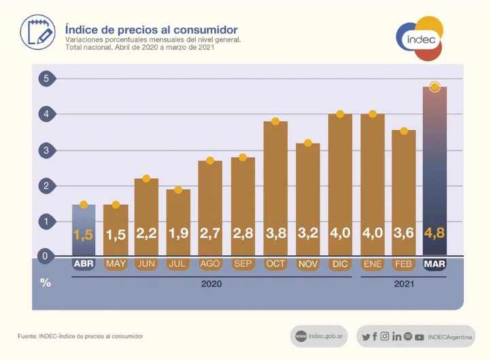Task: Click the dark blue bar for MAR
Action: pos(435,170)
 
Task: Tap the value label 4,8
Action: pos(435,233)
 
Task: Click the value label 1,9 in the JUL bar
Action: pos(179,233)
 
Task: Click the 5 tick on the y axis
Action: pos(46,78)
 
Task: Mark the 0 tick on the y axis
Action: pos(46,257)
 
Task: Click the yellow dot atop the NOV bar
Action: pos(308,143)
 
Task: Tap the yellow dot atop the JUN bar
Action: pos(147,178)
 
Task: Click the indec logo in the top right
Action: pos(421,39)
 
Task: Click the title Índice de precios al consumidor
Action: pos(151,30)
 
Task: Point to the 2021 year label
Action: pos(404,284)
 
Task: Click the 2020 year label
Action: pos(211,284)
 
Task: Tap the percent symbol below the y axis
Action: pos(46,282)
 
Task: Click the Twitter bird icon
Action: pos(366,337)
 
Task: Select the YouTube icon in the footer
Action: pos(419,337)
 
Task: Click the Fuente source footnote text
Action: pos(80,336)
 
